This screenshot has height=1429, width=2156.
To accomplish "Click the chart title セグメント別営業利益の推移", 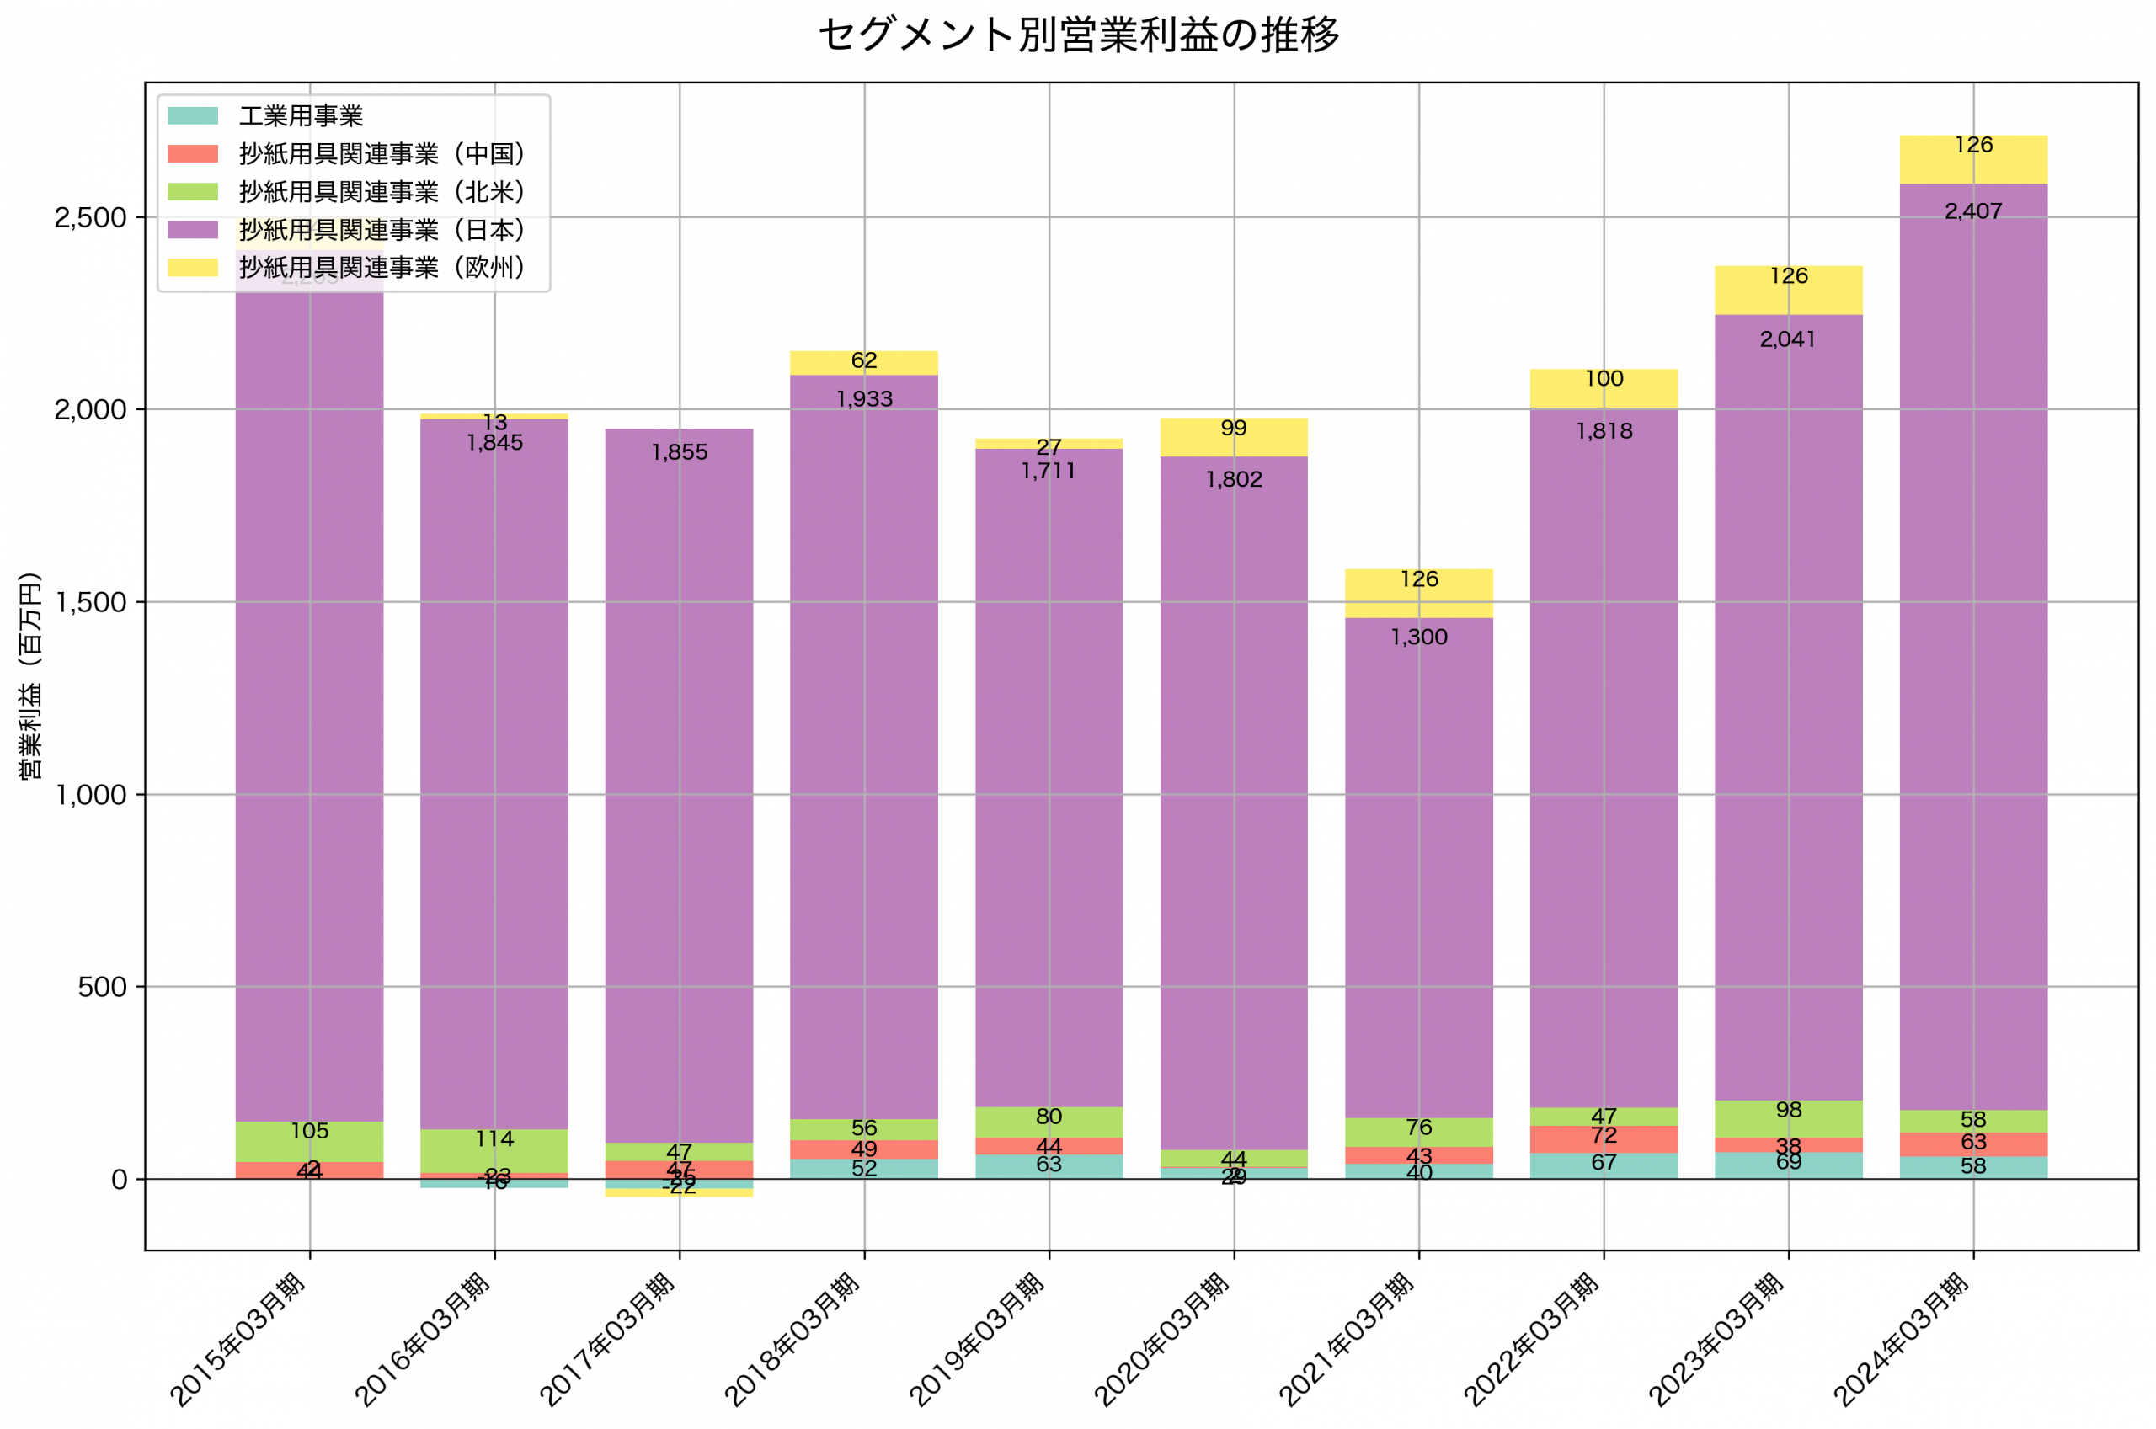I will pyautogui.click(x=1078, y=35).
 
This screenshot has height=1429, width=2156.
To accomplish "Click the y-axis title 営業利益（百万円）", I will pyautogui.click(x=31, y=675).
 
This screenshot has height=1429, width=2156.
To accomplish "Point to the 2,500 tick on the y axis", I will pyautogui.click(x=90, y=218).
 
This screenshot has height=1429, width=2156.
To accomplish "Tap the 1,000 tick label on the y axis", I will pyautogui.click(x=90, y=795).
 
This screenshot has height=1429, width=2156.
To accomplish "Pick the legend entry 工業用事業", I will pyautogui.click(x=301, y=115).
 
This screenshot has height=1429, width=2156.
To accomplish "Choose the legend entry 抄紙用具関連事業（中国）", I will pyautogui.click(x=382, y=154).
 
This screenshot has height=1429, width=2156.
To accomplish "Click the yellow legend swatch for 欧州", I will pyautogui.click(x=193, y=267).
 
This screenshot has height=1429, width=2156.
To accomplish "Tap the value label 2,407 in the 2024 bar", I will pyautogui.click(x=1973, y=211).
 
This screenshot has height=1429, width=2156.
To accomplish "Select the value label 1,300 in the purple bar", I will pyautogui.click(x=1419, y=637).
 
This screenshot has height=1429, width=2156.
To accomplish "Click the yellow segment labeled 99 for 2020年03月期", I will pyautogui.click(x=1234, y=437).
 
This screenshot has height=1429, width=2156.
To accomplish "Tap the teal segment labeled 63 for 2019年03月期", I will pyautogui.click(x=1049, y=1166).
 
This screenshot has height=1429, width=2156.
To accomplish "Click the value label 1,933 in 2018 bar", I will pyautogui.click(x=864, y=399).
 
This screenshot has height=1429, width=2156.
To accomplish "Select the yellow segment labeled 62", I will pyautogui.click(x=864, y=363).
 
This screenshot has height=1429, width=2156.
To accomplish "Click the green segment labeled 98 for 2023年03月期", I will pyautogui.click(x=1789, y=1118).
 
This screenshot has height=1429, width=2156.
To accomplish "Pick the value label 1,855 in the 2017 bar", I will pyautogui.click(x=680, y=452).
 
